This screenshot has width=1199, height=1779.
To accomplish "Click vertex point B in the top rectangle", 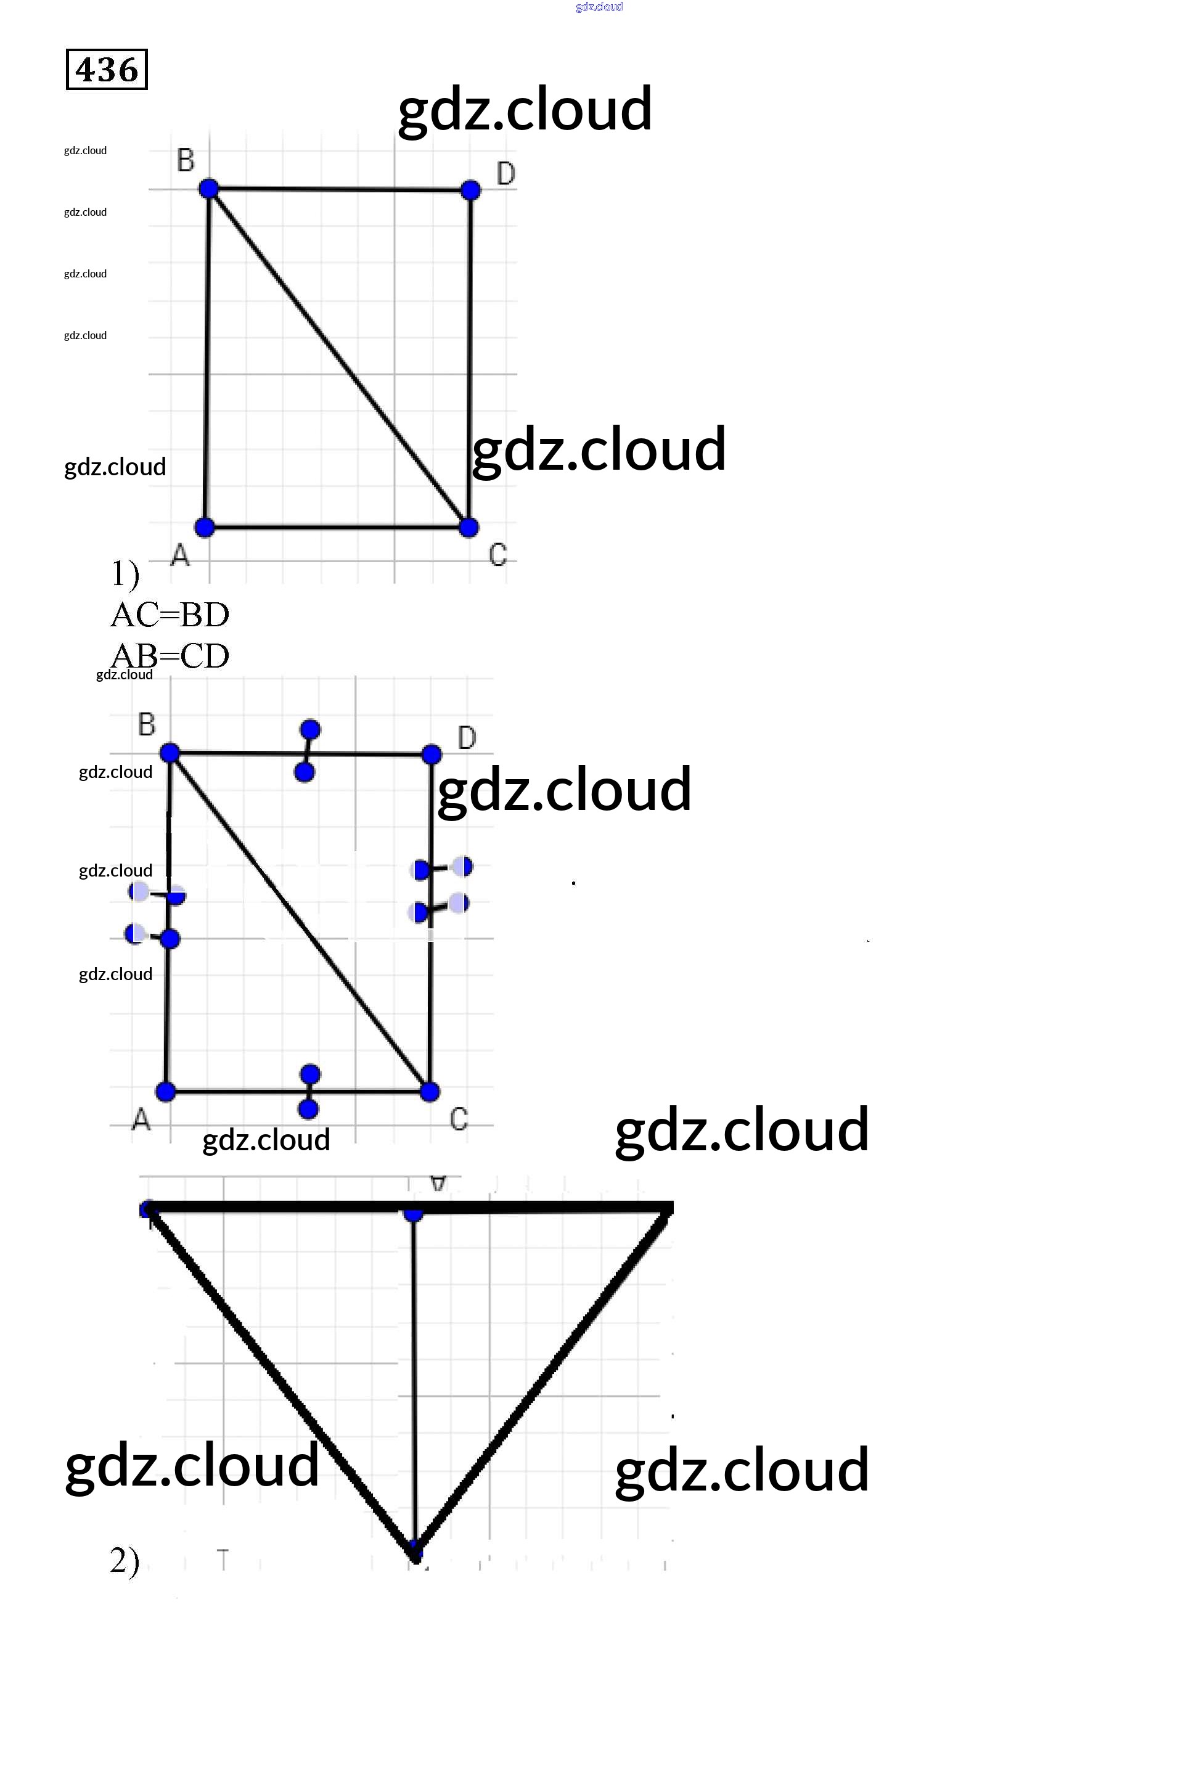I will (x=209, y=188).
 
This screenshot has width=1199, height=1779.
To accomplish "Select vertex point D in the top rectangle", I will (x=471, y=190).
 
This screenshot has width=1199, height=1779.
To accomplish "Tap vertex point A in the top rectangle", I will (x=205, y=527).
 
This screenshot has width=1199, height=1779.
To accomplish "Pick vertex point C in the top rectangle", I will (x=469, y=527).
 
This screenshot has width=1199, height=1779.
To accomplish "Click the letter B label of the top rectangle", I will (x=186, y=160).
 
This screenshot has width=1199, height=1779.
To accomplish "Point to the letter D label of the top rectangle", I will (x=505, y=174).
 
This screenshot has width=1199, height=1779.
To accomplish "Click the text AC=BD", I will (x=170, y=615).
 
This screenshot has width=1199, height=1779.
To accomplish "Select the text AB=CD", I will (x=170, y=655).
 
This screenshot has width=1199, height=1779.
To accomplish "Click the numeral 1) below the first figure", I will (x=125, y=573).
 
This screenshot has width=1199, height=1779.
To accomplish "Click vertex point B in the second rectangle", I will (x=170, y=753).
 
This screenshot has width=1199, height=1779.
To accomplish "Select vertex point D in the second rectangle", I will (x=432, y=755).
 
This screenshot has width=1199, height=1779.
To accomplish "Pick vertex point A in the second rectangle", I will (x=166, y=1092).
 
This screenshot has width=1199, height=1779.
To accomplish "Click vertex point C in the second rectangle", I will (x=430, y=1092).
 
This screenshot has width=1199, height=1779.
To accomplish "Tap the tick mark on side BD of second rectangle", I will (x=308, y=751).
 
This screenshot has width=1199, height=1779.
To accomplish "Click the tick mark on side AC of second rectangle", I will (x=309, y=1092).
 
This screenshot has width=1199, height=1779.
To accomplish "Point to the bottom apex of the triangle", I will (x=414, y=1552).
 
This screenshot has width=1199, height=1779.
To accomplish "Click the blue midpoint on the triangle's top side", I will (x=413, y=1212).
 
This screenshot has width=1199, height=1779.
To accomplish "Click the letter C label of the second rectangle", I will (x=459, y=1119).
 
